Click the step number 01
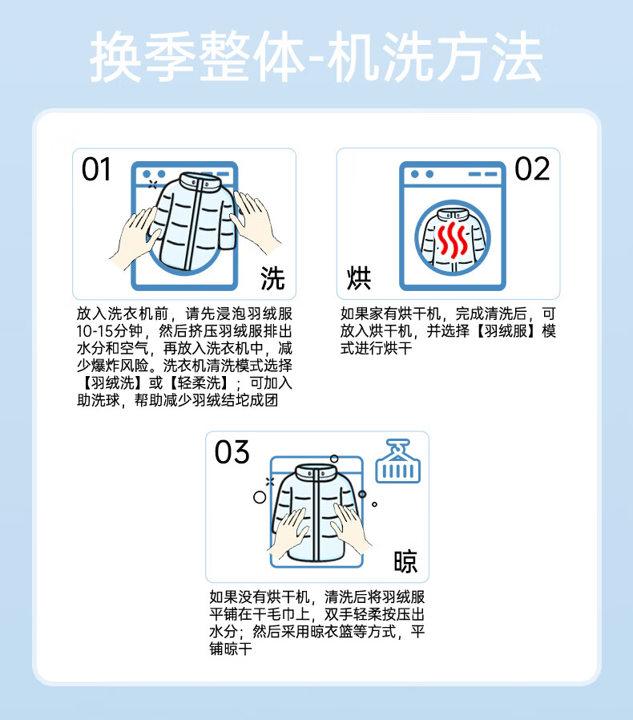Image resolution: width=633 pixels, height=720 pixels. click(96, 169)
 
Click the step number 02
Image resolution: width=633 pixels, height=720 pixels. click(532, 168)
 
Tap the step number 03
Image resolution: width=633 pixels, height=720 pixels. click(232, 452)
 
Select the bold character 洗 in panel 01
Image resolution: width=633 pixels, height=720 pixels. click(272, 277)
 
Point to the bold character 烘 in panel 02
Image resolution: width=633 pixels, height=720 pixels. click(359, 277)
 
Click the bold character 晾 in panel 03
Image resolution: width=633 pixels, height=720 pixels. click(405, 561)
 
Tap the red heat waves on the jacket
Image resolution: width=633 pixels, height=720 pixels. click(453, 239)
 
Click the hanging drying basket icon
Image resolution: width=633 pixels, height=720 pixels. click(398, 461)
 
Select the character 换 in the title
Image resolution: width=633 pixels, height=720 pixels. click(115, 57)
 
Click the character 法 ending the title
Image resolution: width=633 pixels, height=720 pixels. click(517, 57)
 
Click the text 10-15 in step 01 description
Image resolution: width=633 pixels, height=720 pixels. click(95, 331)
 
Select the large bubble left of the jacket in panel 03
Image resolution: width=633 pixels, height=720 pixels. click(260, 497)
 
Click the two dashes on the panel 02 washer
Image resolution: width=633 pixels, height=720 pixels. click(483, 174)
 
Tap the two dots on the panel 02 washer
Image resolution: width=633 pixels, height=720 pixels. click(422, 174)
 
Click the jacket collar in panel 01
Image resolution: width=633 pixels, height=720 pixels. click(200, 181)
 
